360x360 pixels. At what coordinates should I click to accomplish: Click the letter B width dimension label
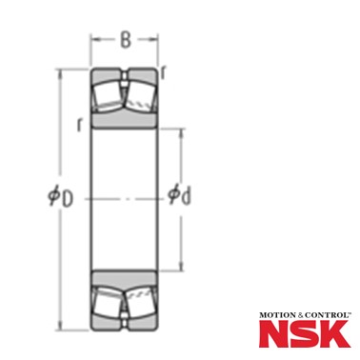126,40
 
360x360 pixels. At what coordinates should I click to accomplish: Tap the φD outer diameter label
60,197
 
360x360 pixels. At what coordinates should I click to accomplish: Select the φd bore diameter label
179,194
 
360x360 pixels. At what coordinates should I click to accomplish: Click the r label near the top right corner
163,73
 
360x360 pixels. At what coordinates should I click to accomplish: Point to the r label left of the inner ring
79,125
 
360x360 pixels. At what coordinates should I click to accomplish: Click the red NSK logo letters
305,333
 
